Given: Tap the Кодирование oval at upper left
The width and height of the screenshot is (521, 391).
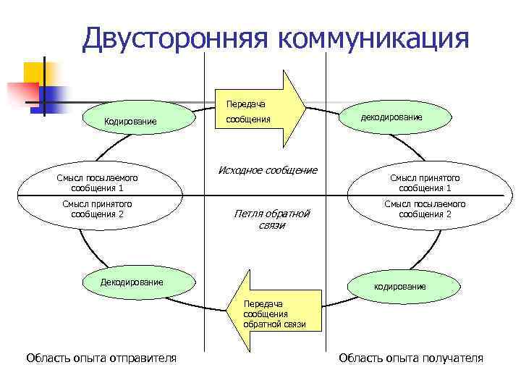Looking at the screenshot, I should coord(130,121).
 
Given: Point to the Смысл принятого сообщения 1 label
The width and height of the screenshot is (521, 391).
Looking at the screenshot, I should coord(425,182).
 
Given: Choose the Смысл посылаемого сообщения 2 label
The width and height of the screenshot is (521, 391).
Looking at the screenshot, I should coord(425,209).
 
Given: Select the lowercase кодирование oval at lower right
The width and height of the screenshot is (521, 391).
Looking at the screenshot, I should coord(399,287).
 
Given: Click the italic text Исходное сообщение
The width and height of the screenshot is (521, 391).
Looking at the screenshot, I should coord(268,170).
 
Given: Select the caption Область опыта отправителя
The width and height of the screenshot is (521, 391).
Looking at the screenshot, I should coord(101,358).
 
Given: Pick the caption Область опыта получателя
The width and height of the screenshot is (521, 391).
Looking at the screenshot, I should coord(411,358).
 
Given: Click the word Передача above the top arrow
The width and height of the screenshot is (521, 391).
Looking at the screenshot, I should coord(246,104).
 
